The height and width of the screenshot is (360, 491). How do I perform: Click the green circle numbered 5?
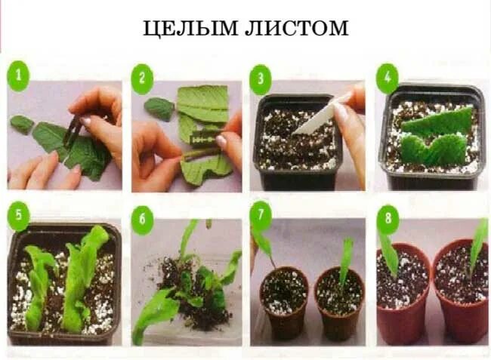click(x=18, y=217)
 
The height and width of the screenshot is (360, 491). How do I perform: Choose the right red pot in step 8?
click(x=460, y=294)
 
